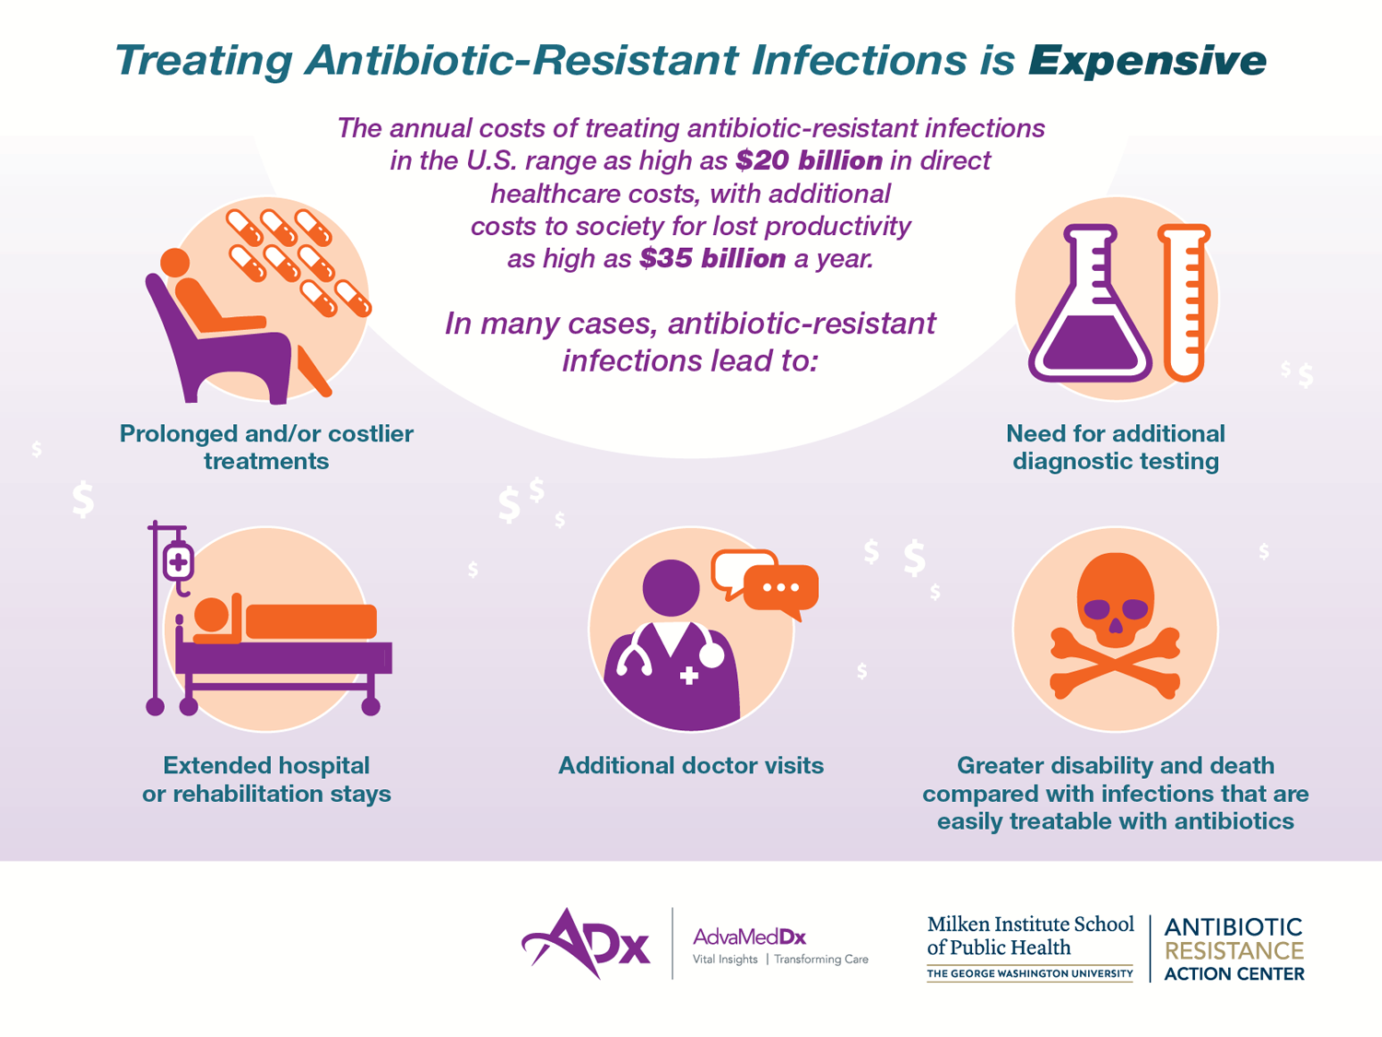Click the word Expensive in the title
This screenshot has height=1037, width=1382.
pyautogui.click(x=1147, y=61)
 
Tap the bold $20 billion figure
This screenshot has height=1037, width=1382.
pyautogui.click(x=809, y=160)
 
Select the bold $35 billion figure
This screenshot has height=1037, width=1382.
pyautogui.click(x=713, y=258)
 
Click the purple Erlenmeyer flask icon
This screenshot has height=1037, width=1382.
pyautogui.click(x=1090, y=303)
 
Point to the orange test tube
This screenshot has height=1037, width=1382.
pyautogui.click(x=1184, y=303)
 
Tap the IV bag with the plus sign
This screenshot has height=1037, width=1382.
pyautogui.click(x=178, y=561)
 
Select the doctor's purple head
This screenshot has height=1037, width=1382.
pyautogui.click(x=671, y=588)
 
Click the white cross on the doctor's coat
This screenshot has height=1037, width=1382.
pyautogui.click(x=689, y=676)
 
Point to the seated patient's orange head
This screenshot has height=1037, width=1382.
pyautogui.click(x=175, y=263)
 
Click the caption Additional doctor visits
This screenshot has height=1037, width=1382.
pyautogui.click(x=691, y=766)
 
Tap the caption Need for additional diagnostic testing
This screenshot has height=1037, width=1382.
pyautogui.click(x=1116, y=447)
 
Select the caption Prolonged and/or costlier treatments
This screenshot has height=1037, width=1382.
pyautogui.click(x=266, y=447)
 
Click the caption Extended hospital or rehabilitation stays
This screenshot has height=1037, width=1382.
pyautogui.click(x=266, y=780)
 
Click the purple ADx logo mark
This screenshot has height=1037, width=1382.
pyautogui.click(x=586, y=943)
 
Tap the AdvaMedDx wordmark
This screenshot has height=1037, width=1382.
pyautogui.click(x=749, y=937)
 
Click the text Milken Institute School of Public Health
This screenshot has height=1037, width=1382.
pyautogui.click(x=1030, y=936)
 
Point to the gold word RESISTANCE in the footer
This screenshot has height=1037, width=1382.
pyautogui.click(x=1235, y=950)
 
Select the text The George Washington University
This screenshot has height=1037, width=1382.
pyautogui.click(x=1030, y=973)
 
